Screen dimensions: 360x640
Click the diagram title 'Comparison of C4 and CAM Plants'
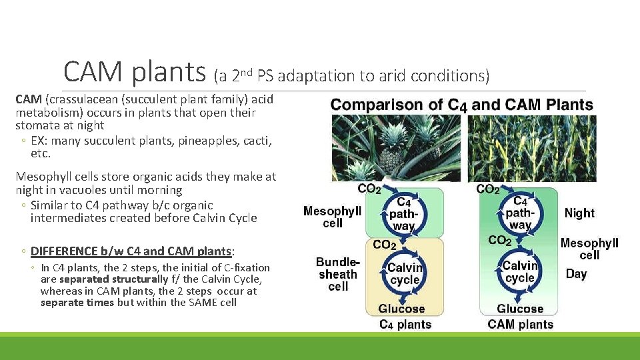[x=461, y=105]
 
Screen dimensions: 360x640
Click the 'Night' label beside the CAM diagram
[x=579, y=213]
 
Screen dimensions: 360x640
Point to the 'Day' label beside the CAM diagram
[x=576, y=274]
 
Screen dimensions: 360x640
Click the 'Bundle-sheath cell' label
[x=338, y=274]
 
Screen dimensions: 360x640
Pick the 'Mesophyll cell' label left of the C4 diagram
[x=332, y=217]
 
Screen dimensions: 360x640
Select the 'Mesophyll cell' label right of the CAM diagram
[x=589, y=249]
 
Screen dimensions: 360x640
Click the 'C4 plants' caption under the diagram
[x=405, y=325]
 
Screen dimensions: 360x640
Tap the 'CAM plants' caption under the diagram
[x=520, y=325]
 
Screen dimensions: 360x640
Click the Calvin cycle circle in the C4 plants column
[x=405, y=273]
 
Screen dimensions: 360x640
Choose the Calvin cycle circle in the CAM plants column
[x=519, y=272]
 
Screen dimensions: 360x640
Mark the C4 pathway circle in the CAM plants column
[x=520, y=212]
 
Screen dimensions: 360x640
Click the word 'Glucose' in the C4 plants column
[x=401, y=309]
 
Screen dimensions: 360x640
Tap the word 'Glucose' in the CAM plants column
[x=519, y=309]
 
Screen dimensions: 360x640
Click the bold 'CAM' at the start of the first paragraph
[x=29, y=99]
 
